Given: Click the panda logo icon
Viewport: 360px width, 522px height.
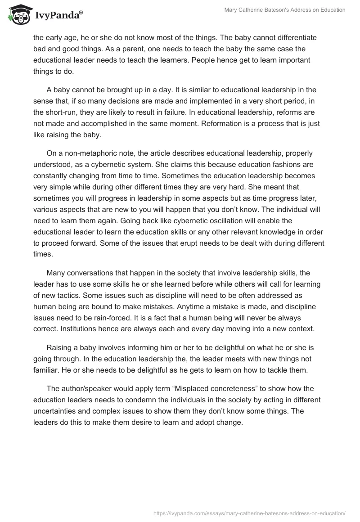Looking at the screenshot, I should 18,15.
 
